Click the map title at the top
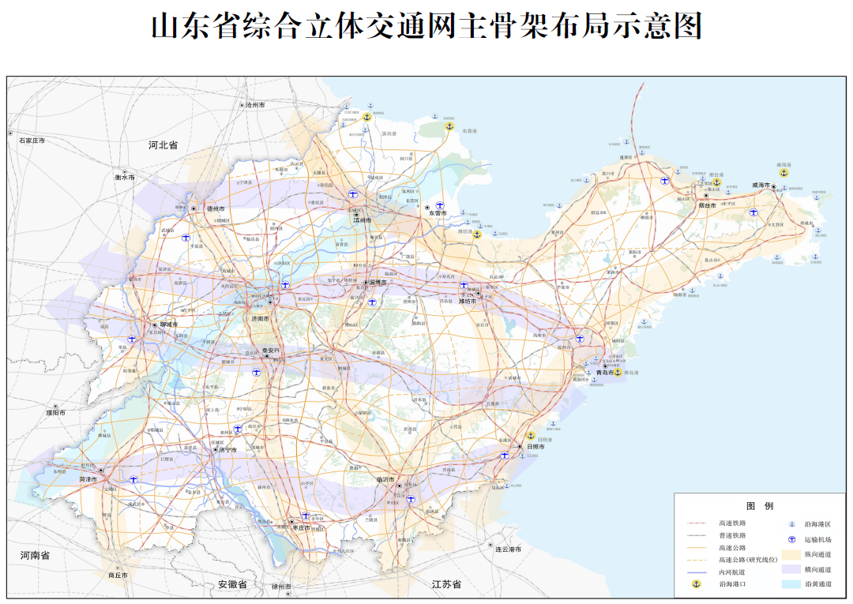coord(426,27)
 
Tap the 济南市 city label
coord(260,318)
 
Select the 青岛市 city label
coord(604,373)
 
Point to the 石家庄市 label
coord(32,141)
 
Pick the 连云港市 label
coord(507,549)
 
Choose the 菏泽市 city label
coord(88,479)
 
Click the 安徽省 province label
coord(232,585)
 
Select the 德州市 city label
coord(216,208)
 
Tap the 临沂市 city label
coord(385,479)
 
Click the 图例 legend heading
coord(759,505)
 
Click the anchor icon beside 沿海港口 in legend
coord(696,583)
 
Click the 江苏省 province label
coord(446,585)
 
